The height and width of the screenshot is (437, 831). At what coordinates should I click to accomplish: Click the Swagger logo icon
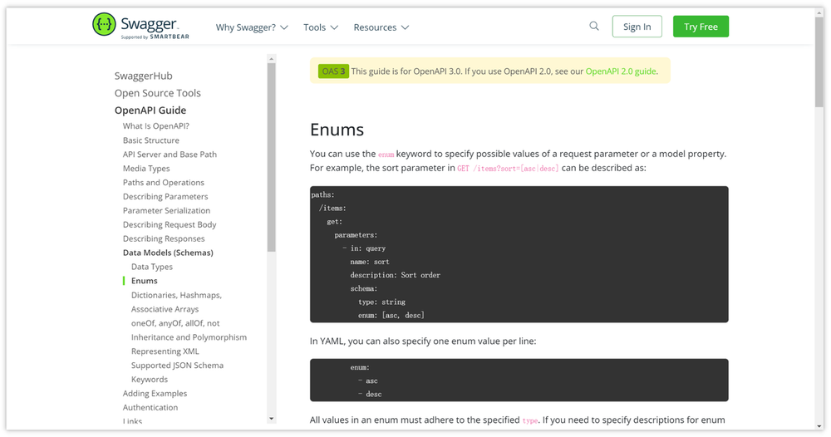[104, 24]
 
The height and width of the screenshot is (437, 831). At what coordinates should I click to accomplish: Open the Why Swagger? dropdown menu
[252, 27]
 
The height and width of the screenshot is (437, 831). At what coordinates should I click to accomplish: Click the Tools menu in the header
[321, 27]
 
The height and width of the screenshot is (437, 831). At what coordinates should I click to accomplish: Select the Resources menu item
[381, 27]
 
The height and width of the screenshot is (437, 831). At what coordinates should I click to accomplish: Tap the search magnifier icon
[594, 26]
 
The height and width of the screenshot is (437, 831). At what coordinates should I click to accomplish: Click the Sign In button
[637, 27]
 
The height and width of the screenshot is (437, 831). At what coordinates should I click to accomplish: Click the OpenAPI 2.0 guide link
[621, 71]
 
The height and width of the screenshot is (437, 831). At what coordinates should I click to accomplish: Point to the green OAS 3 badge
[333, 71]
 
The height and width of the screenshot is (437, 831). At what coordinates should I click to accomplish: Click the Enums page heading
[337, 130]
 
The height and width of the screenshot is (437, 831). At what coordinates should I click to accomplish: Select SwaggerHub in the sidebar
[144, 76]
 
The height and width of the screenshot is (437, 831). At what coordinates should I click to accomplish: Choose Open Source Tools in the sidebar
[158, 93]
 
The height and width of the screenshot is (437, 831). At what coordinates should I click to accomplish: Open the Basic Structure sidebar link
[151, 140]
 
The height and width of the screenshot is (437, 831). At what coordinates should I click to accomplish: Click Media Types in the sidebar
[146, 169]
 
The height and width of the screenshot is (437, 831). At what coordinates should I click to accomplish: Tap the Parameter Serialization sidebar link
[166, 210]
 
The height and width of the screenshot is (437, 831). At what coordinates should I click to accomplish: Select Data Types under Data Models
[152, 267]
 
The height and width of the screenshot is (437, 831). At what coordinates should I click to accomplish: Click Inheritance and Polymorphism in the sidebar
[189, 337]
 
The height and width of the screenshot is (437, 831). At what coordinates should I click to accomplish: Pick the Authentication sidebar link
[150, 407]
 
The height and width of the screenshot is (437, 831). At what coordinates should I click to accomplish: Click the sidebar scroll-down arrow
[272, 419]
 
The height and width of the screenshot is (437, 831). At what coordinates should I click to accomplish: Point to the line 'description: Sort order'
[396, 276]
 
